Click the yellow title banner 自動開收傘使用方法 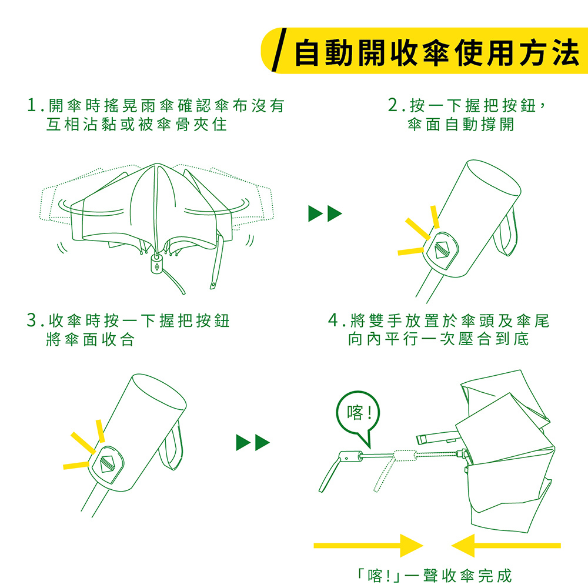425,51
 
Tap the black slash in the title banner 279,50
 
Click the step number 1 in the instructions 32,105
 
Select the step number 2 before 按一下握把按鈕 393,105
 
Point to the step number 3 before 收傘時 32,320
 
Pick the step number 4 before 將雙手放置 333,320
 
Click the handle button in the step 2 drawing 442,250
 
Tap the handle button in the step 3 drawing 107,464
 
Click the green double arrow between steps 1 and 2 325,213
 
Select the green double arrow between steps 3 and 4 253,443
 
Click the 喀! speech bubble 358,415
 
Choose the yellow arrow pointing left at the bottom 506,546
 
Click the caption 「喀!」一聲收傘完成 433,576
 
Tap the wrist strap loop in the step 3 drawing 172,446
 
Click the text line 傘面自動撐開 461,125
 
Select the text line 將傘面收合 90,339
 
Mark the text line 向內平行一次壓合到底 439,339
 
